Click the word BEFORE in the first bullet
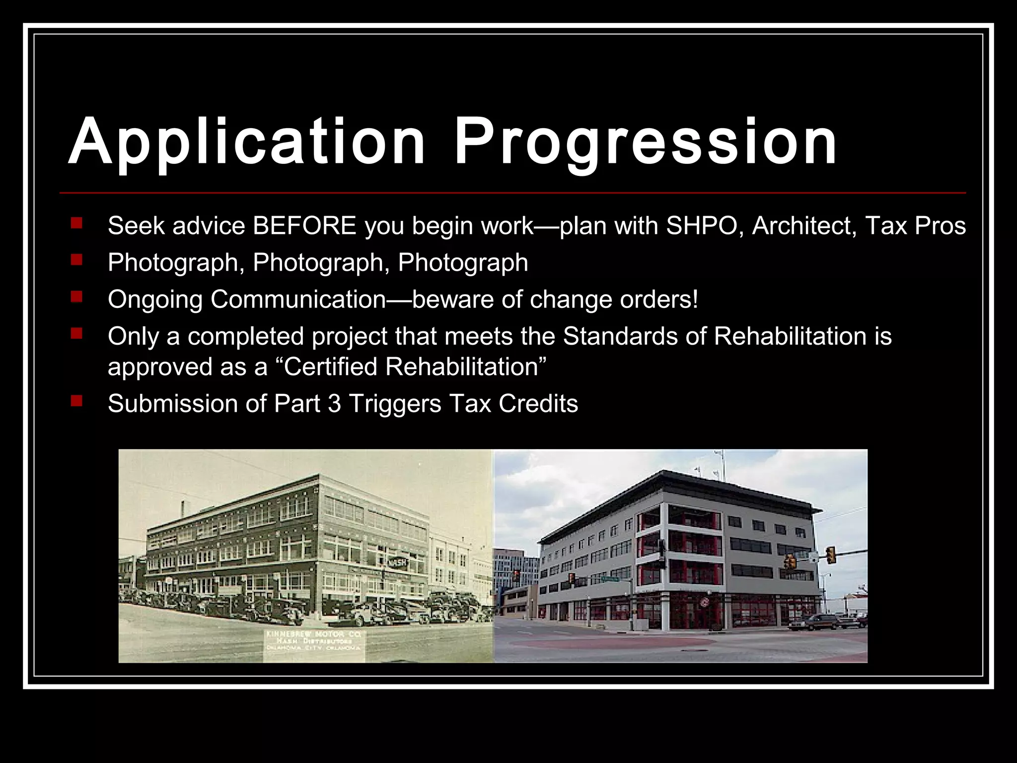coord(304,226)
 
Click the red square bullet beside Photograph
coord(76,259)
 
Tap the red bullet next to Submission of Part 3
coord(76,400)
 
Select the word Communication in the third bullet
coord(298,300)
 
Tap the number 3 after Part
coord(334,403)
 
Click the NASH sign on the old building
coord(397,563)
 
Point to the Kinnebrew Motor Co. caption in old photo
coord(313,641)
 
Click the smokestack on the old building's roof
coord(183,509)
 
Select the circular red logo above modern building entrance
coord(704,603)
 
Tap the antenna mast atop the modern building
coord(722,464)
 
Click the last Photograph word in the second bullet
coord(463,263)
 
